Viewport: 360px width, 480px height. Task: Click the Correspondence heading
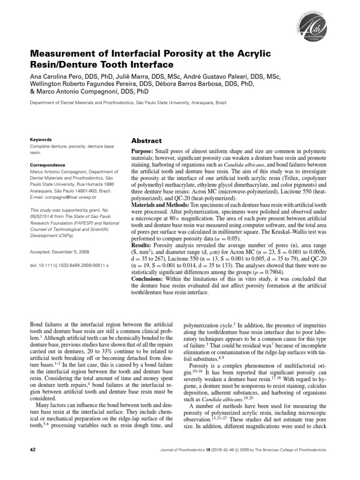pyautogui.click(x=48, y=165)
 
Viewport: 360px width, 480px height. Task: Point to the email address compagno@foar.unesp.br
pyautogui.click(x=69, y=198)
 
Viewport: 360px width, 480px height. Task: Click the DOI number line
pyautogui.click(x=69, y=265)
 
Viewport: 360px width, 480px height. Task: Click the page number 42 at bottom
pyautogui.click(x=33, y=450)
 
